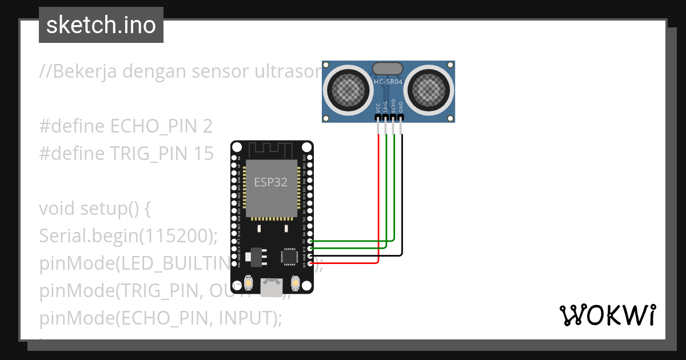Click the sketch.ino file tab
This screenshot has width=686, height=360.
coord(101,25)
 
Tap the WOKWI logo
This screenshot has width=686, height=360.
coord(607,315)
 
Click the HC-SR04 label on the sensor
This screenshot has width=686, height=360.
coord(388,82)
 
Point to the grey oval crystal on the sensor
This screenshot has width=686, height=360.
coord(388,69)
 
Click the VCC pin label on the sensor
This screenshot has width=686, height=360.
coord(378,107)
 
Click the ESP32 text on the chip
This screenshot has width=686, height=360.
coord(270,182)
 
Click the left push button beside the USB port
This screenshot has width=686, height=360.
coord(249,282)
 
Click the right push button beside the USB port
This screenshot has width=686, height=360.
coord(296,282)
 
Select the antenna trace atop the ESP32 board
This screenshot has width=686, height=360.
coord(272,151)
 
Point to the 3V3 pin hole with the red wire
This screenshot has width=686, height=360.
coord(310,263)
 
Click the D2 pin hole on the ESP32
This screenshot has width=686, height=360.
coord(310,241)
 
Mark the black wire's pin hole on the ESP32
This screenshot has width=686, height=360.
coord(310,256)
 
